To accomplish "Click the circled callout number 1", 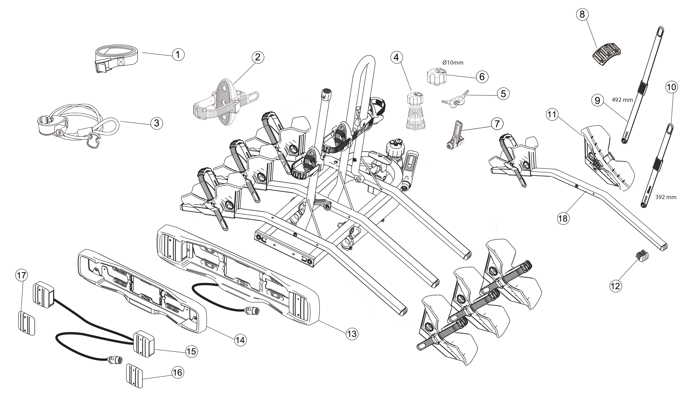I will pyautogui.click(x=178, y=54).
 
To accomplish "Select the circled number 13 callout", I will pyautogui.click(x=352, y=334).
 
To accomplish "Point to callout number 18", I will pyautogui.click(x=563, y=218).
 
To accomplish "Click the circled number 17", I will pyautogui.click(x=21, y=275).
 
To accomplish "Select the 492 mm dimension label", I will pyautogui.click(x=622, y=100).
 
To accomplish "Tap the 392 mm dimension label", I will pyautogui.click(x=666, y=197).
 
